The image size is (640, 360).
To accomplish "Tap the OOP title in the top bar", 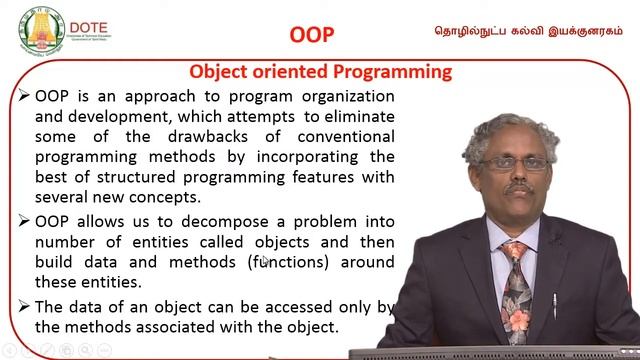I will point(311,34).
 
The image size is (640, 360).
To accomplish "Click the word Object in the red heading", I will point(221,72).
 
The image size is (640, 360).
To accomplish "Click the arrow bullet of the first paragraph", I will point(24,96).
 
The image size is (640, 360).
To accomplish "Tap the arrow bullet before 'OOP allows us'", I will point(24,221).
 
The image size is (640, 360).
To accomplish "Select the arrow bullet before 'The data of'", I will point(24,306).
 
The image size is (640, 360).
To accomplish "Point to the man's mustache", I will point(513,186).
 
